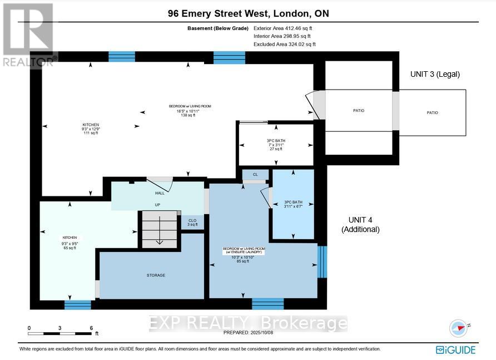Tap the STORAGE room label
(x=156, y=275)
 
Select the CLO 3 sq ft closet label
(x=192, y=223)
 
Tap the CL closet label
(x=255, y=175)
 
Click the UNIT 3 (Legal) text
(x=435, y=74)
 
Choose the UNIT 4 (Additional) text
(x=360, y=224)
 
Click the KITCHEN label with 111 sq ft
(x=91, y=129)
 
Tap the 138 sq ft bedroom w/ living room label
(x=190, y=111)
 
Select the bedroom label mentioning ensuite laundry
(x=244, y=254)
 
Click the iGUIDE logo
(x=455, y=349)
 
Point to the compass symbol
(x=458, y=328)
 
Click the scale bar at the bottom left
(x=59, y=333)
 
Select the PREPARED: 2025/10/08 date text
(x=248, y=332)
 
